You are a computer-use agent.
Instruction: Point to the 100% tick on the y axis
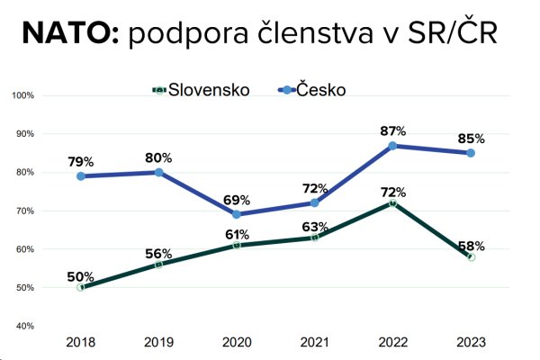22,95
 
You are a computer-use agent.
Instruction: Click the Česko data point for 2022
392,146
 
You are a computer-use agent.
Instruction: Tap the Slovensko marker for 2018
81,287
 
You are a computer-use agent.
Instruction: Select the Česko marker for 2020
237,214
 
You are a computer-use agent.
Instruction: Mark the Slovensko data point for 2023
470,256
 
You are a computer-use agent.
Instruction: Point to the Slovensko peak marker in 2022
392,203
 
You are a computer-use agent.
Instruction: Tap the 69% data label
237,199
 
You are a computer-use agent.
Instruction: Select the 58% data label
470,245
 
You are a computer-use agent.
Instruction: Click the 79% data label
81,161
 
